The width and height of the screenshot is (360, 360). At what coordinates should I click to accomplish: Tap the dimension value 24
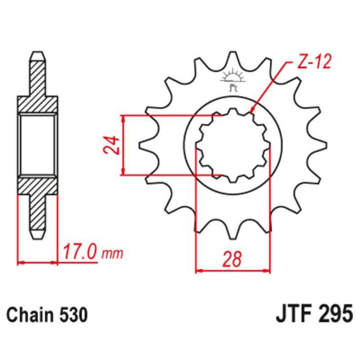point(113,145)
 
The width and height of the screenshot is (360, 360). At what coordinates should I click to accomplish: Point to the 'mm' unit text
point(112,254)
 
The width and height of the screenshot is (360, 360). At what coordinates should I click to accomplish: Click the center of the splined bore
point(233,145)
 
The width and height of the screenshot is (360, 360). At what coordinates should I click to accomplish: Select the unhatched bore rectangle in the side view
point(38,145)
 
